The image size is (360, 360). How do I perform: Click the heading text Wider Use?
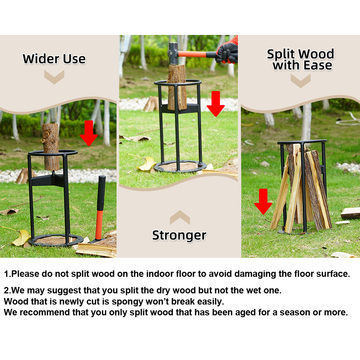(54, 59)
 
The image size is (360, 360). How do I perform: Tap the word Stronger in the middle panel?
(179, 235)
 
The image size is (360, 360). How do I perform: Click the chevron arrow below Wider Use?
(54, 77)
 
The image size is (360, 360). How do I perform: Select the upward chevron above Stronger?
(180, 217)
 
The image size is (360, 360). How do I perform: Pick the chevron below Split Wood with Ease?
(301, 81)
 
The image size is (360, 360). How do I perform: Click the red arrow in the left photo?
(89, 133)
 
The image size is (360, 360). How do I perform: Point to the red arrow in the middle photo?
(216, 104)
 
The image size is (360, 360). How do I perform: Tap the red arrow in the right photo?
(263, 201)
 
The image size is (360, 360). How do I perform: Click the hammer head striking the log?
(174, 54)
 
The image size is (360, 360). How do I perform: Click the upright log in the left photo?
(50, 147)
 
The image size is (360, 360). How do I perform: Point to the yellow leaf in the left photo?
(21, 237)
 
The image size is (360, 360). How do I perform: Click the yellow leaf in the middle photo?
(147, 164)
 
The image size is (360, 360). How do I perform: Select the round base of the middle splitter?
(180, 166)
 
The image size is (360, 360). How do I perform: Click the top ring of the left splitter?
(53, 153)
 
